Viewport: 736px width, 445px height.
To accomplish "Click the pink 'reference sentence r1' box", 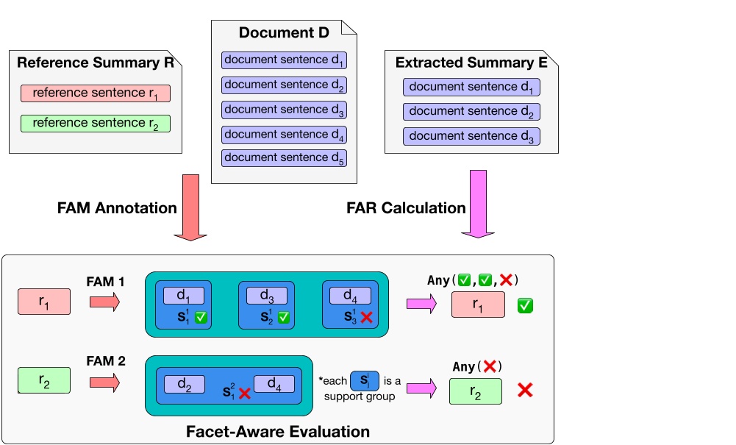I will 96,93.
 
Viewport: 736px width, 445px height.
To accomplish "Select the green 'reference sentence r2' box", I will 96,123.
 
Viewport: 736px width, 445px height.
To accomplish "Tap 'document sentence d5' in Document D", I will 284,158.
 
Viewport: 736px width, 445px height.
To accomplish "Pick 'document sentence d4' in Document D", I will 284,135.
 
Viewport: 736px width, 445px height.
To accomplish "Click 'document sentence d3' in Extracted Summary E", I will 471,136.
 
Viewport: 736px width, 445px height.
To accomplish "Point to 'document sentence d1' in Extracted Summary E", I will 471,88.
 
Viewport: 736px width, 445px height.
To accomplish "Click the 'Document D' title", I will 284,33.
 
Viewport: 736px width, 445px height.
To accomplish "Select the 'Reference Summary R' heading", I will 96,63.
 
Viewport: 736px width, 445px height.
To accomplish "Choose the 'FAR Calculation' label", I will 406,208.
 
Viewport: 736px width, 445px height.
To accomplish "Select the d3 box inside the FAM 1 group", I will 266,296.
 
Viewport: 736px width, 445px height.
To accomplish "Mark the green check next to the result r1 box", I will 525,304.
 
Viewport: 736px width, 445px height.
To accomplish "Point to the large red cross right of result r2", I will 525,391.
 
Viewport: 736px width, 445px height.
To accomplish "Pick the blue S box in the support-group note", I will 364,381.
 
